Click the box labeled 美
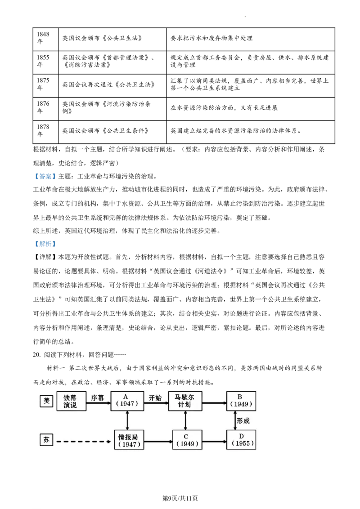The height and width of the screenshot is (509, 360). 46,401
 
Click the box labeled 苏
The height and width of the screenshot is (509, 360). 46,440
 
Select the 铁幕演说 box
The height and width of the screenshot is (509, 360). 71,401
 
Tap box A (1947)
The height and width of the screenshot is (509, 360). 127,401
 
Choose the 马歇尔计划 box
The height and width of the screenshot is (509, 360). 185,401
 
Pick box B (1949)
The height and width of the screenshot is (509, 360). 241,401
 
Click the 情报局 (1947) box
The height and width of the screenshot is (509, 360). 129,440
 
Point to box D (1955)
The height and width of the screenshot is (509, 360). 241,440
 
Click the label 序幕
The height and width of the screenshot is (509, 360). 98,398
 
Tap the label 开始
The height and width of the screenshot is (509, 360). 155,398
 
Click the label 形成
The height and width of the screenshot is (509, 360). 243,421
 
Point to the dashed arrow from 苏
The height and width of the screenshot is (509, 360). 84,442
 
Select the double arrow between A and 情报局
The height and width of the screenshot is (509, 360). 127,420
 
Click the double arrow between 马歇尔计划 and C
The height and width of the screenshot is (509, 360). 185,420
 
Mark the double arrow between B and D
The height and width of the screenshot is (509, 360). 235,420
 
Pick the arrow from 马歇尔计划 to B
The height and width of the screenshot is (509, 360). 214,403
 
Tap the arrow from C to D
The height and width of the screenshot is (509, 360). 214,442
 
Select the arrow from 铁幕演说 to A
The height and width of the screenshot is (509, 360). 98,403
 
